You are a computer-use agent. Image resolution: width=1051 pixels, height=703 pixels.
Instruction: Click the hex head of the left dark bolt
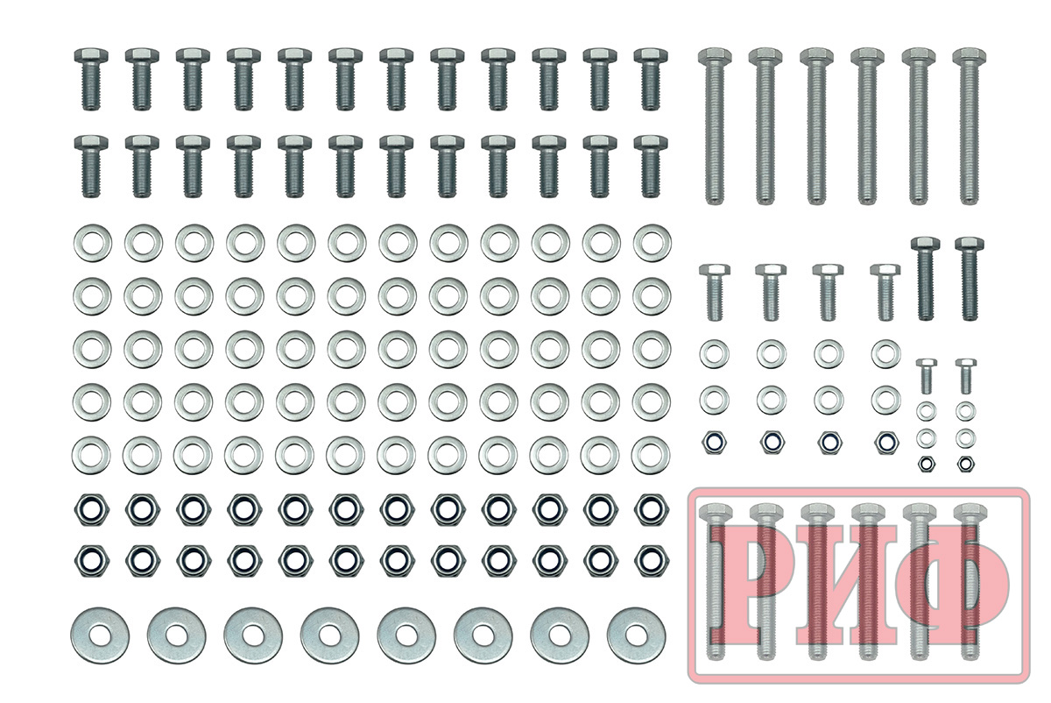pos(925,245)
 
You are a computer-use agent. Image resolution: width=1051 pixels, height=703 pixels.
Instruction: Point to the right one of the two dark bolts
pos(970,279)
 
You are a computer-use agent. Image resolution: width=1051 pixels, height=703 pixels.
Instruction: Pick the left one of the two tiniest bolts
pos(927,376)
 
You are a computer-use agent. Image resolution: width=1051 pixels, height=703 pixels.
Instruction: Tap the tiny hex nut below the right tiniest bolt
pos(965,464)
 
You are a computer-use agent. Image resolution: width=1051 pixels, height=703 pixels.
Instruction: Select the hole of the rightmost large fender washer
pos(636,636)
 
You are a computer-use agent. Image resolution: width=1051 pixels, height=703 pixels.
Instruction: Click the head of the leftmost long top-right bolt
pos(714,56)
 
